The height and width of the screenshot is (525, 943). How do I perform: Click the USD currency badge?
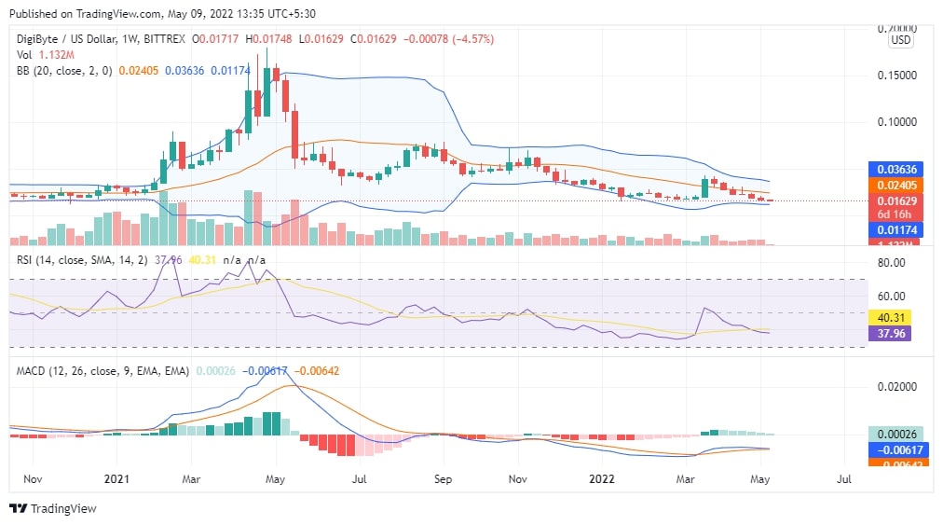point(900,40)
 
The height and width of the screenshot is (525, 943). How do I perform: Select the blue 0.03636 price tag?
point(895,170)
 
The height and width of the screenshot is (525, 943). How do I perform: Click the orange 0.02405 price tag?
point(895,186)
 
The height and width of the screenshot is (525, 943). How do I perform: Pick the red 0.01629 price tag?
point(895,200)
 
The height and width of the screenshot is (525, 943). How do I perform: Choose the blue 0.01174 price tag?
point(895,229)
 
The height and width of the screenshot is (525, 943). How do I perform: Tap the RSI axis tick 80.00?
point(892,263)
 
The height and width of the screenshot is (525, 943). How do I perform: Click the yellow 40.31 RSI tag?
point(890,317)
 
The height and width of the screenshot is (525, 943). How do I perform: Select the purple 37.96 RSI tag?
point(890,333)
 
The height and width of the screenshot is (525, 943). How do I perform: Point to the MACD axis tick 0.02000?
point(898,387)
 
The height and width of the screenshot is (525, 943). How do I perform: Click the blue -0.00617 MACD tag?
point(895,449)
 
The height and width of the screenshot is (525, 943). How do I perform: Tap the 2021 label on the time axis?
point(116,480)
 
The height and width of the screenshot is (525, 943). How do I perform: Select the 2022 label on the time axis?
point(600,480)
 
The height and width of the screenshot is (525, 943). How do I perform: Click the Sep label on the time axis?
point(443,480)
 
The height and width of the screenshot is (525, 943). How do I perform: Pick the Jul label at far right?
point(844,480)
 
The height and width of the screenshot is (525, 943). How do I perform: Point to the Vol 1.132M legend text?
point(47,54)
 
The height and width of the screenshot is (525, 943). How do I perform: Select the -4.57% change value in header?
point(473,39)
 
